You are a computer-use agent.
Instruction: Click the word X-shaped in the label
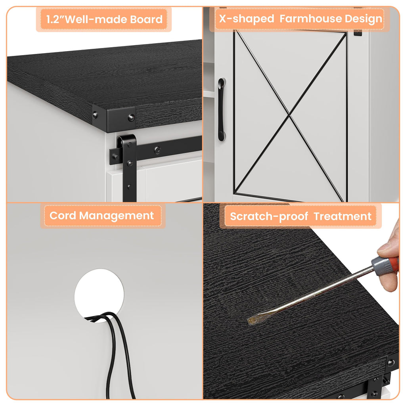point(247,19)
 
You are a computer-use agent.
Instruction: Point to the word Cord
point(63,215)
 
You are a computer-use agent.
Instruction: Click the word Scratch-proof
point(269,216)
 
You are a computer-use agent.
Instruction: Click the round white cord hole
point(99,295)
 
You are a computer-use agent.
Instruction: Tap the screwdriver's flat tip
point(251,321)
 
